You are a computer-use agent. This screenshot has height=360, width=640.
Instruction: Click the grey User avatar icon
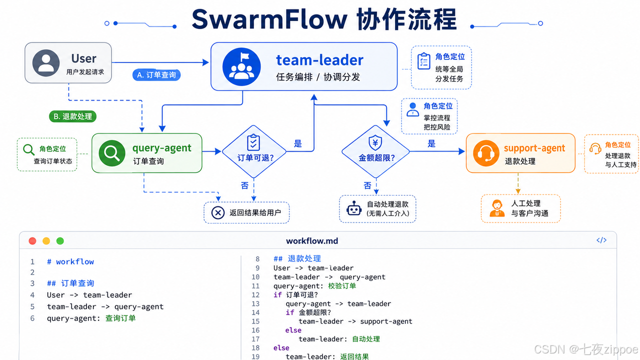coord(46,63)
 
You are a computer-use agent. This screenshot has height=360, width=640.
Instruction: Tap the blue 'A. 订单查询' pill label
coord(156,75)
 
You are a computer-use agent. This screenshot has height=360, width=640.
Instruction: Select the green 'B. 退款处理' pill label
coord(72,116)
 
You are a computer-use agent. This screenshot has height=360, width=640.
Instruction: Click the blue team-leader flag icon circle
coord(241,66)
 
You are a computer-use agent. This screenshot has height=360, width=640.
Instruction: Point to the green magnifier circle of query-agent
coord(111,153)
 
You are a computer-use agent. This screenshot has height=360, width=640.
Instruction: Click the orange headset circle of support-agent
coord(486,153)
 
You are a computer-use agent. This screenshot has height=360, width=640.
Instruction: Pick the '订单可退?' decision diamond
coord(253,151)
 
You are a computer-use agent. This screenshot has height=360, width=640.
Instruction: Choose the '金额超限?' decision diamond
coord(375,151)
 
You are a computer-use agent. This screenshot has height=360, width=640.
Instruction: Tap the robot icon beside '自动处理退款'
coord(354,208)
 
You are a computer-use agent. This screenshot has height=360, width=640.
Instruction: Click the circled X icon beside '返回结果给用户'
coord(217,213)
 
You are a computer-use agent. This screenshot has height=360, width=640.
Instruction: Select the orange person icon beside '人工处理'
coord(497,208)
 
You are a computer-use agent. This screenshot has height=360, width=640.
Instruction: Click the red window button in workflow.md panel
coord(32,241)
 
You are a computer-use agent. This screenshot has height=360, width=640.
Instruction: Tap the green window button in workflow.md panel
coord(60,241)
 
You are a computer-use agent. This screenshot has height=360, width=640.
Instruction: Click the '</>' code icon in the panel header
coord(601,240)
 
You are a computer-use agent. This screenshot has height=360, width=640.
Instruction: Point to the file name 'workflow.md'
coord(312,241)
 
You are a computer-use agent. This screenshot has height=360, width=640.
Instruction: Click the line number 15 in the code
coord(255,321)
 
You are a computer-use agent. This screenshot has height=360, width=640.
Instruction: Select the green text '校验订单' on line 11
coord(342,286)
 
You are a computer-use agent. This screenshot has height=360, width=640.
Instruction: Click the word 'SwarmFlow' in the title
coord(269,19)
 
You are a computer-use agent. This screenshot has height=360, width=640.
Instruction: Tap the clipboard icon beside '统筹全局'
coord(423,61)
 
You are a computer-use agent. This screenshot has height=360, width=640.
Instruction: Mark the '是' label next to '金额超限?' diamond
coord(431,143)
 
